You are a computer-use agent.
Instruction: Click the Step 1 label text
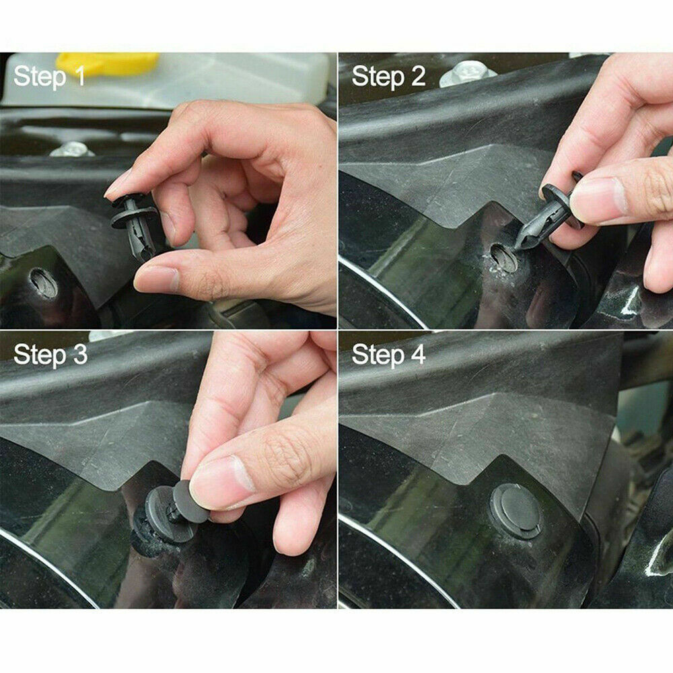(49, 76)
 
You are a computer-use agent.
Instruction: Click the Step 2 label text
(388, 76)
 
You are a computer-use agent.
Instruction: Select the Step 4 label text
(388, 355)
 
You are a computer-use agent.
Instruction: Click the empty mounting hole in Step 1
(44, 283)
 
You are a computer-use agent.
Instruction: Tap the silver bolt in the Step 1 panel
(71, 149)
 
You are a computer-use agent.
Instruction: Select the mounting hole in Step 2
(503, 258)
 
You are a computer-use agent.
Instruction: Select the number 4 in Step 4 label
(417, 355)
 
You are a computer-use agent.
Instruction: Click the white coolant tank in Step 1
(236, 77)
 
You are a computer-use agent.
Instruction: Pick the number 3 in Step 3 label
(79, 355)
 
